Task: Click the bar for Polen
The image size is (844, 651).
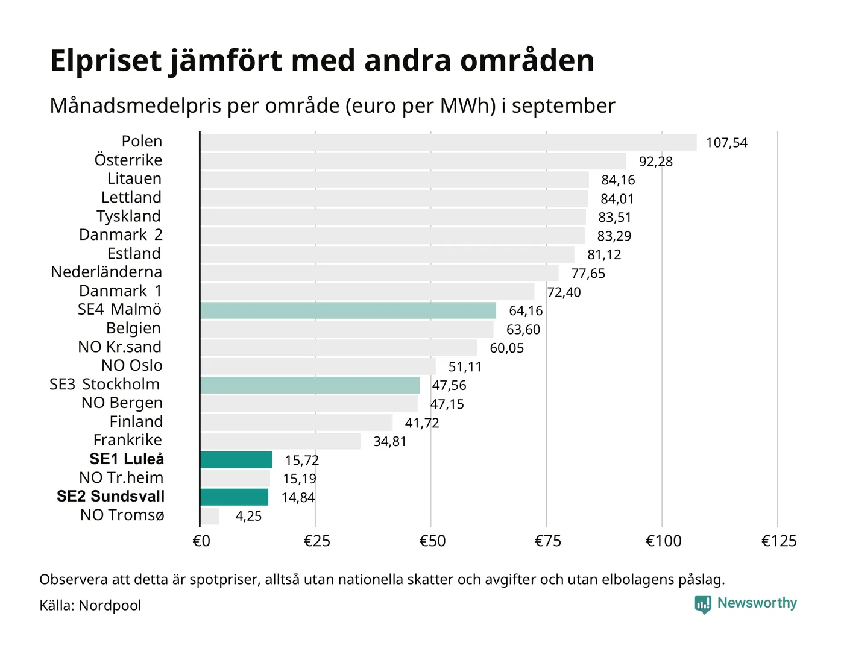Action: tap(448, 142)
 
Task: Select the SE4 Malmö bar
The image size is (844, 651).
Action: tap(348, 310)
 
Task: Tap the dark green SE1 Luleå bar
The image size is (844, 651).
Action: tap(236, 460)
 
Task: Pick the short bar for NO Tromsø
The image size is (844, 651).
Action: tap(210, 516)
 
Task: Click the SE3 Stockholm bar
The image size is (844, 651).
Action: tap(310, 385)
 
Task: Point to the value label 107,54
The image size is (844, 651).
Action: tap(726, 143)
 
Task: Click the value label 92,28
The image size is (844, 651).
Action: tap(655, 162)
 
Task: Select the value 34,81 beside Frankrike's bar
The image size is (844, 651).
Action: tap(389, 441)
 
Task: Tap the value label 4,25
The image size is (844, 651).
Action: tap(248, 516)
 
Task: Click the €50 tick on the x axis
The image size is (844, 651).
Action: tap(432, 541)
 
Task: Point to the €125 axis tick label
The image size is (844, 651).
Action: tap(779, 541)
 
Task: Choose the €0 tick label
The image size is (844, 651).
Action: tap(201, 541)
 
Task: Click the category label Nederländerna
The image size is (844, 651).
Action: tap(106, 272)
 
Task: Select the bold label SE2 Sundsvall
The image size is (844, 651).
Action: tap(110, 496)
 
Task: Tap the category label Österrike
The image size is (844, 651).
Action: tap(128, 160)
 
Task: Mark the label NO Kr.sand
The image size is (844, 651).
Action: tap(119, 347)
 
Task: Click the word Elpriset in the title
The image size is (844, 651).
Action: tap(106, 61)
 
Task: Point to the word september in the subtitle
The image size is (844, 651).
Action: tap(563, 106)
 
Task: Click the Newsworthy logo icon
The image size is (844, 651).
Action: tap(703, 604)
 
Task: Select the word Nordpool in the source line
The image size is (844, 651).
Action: tap(110, 605)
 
